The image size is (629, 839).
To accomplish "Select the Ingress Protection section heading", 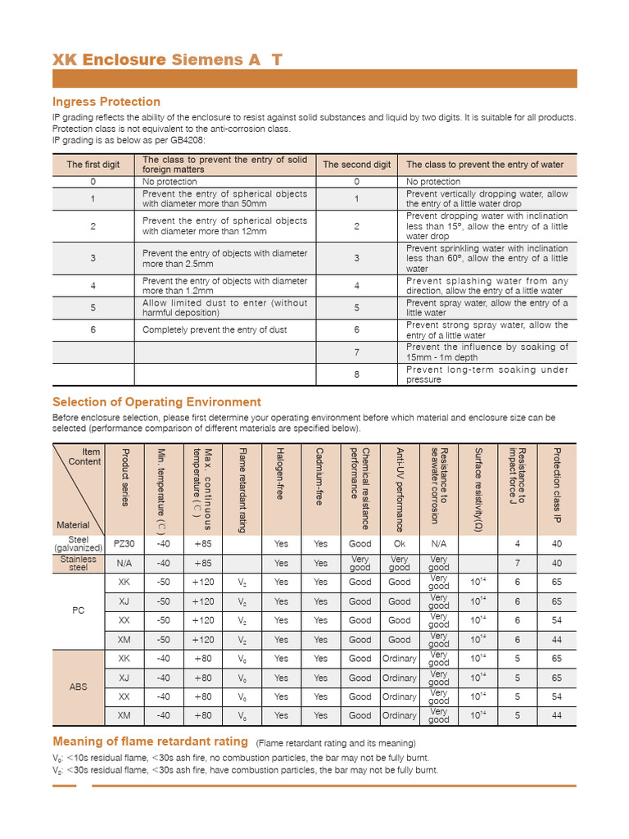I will [x=106, y=102].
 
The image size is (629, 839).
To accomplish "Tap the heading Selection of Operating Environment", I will [x=156, y=401].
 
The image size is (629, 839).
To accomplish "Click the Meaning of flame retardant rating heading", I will [x=151, y=741].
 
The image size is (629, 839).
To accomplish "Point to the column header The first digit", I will [x=93, y=165].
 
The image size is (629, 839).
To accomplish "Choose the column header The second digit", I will [x=356, y=165].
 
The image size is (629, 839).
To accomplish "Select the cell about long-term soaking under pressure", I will [x=486, y=374].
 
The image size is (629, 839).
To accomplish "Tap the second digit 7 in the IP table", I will [x=356, y=352].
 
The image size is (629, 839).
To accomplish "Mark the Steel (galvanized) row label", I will [x=78, y=543].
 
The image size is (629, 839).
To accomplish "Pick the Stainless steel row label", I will [x=78, y=563].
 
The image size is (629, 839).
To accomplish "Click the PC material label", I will [x=78, y=610].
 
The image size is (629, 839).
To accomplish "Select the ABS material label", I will [x=78, y=687].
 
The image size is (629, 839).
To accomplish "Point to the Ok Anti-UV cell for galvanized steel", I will [x=399, y=543].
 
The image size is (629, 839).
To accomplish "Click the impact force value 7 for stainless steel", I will [x=517, y=563].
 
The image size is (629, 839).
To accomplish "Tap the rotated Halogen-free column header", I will [x=281, y=475].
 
